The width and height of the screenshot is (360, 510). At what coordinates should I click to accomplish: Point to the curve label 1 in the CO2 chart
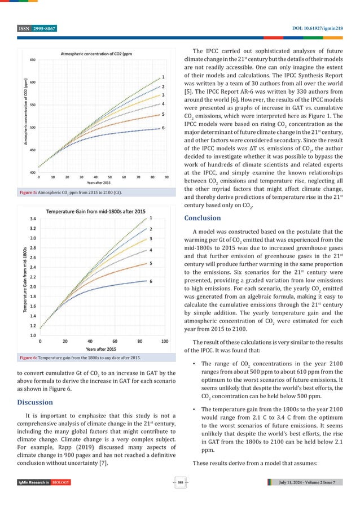pos(163,76)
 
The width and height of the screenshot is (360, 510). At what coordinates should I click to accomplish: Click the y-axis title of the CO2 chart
pos(25,116)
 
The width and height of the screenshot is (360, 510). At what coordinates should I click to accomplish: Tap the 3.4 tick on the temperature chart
pos(33,219)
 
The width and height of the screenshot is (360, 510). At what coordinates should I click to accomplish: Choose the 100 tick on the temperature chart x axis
pos(165,341)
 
